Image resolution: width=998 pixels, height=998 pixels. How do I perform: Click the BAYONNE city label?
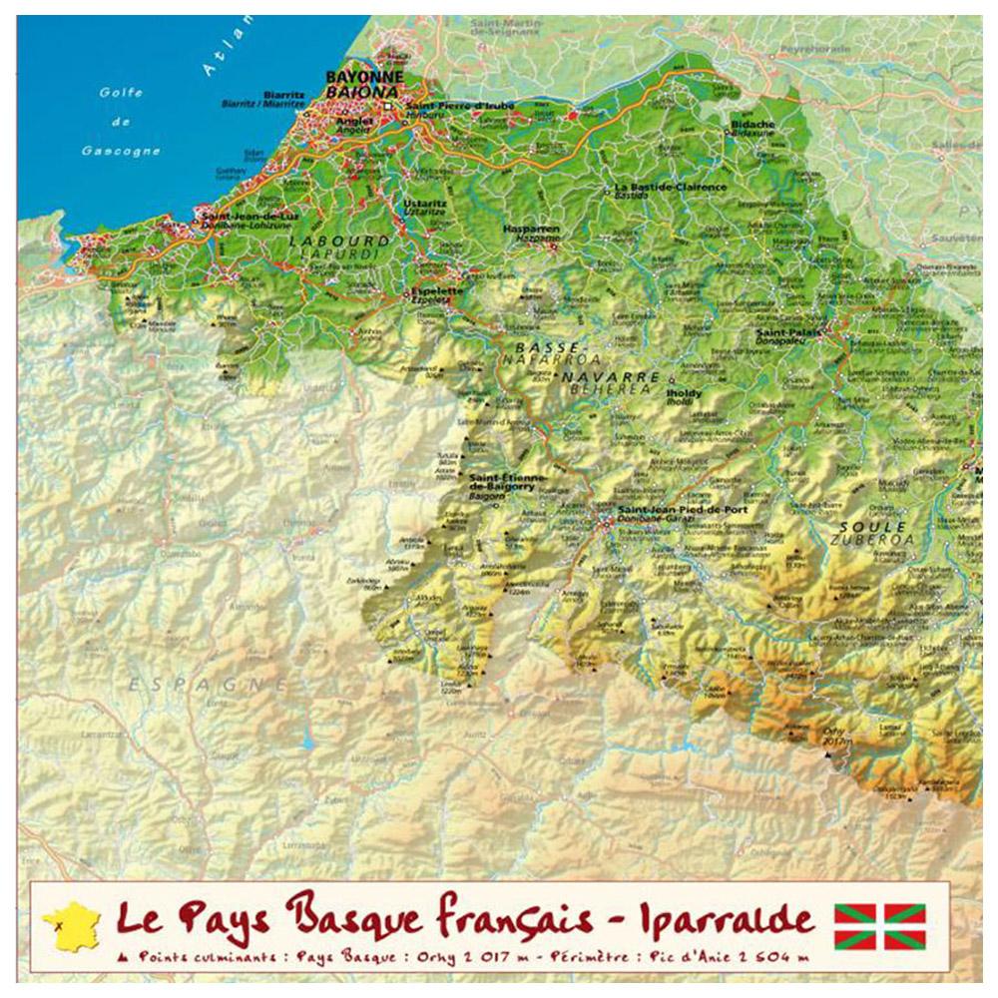(x=364, y=77)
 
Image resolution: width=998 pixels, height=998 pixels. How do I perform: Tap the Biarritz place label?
(x=276, y=95)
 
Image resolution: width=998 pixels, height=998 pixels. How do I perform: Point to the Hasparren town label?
(x=530, y=228)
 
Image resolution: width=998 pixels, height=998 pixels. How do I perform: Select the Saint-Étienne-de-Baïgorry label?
(x=507, y=482)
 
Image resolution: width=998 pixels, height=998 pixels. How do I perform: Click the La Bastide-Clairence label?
(x=660, y=187)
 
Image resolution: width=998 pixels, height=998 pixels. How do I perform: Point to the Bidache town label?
(x=752, y=125)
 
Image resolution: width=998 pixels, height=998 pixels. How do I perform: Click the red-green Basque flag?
(x=879, y=926)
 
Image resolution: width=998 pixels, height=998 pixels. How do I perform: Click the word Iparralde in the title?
(x=711, y=919)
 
